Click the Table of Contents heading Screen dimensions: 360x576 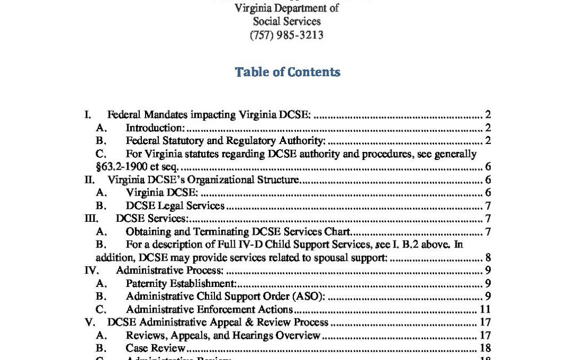tap(287, 72)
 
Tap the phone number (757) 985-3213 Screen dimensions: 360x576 tap(287, 35)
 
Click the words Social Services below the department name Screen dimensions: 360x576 tap(287, 22)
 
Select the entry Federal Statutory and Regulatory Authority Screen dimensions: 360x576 tap(226, 141)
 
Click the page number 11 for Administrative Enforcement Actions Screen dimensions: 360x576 tap(485, 309)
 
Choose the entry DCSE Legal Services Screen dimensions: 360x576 tap(175, 206)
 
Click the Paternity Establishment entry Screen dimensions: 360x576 tap(181, 284)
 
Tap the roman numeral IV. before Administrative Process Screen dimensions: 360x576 tap(92, 270)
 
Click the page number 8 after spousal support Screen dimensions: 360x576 tap(487, 258)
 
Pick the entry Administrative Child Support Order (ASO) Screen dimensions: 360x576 tap(226, 297)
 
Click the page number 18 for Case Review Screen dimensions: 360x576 tap(485, 348)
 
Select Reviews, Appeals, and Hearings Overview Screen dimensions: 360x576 tap(223, 335)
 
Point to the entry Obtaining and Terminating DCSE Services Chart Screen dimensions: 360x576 tap(238, 231)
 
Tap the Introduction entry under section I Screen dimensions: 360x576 tap(155, 128)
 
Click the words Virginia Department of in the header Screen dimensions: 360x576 tap(287, 9)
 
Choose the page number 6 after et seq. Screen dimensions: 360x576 tap(487, 167)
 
